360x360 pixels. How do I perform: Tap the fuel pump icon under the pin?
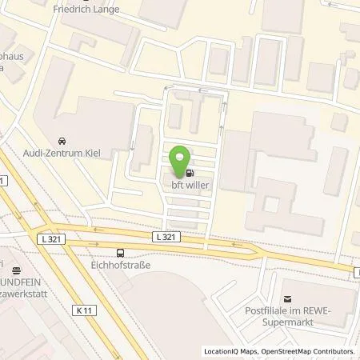click(190, 172)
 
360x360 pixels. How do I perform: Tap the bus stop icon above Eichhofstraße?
click(120, 249)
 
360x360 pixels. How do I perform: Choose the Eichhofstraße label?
click(120, 261)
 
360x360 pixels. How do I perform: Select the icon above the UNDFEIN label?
click(16, 270)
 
